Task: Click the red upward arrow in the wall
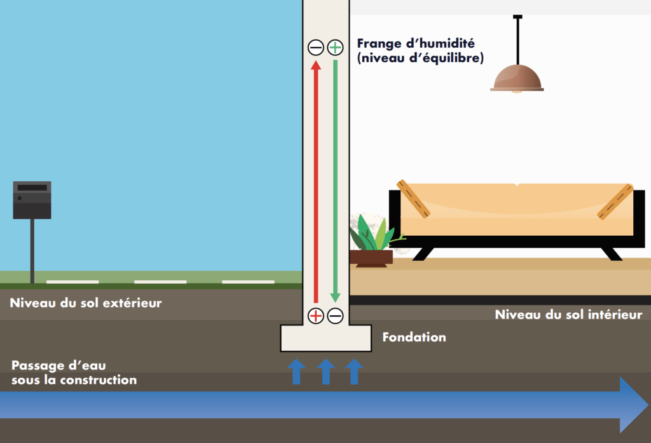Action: (316, 181)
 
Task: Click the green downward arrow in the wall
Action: (335, 181)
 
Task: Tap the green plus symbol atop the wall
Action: (336, 47)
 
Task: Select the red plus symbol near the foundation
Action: (316, 316)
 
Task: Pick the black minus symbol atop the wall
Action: (316, 47)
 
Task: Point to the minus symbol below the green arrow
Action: (336, 316)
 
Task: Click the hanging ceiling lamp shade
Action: (517, 78)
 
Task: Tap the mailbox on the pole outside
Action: (32, 200)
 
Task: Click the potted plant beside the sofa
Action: (371, 241)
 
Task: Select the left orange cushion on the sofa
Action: (413, 198)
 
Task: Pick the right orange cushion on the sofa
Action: (615, 201)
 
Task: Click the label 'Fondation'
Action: (414, 337)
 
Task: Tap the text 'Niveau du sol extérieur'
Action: (86, 303)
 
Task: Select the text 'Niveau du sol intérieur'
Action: (568, 314)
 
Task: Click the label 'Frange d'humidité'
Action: (416, 43)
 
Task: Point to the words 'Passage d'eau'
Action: (58, 365)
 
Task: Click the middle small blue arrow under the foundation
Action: (326, 372)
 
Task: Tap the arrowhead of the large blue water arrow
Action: (634, 405)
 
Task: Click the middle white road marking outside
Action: (160, 282)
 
